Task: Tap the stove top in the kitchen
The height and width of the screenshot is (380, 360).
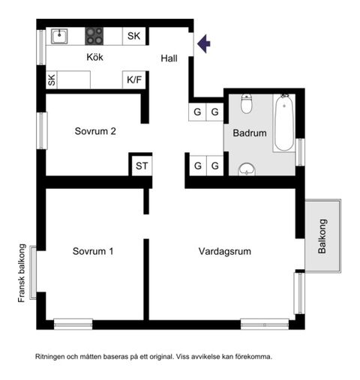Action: click(x=94, y=35)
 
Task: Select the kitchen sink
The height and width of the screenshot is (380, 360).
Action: click(x=59, y=35)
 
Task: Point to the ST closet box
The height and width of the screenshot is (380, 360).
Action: click(x=141, y=166)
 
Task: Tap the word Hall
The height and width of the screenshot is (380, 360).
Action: click(x=169, y=58)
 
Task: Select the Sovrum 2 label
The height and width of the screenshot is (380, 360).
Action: click(x=95, y=131)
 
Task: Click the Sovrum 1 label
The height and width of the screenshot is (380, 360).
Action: click(x=93, y=251)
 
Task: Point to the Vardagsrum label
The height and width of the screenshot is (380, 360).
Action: click(x=225, y=251)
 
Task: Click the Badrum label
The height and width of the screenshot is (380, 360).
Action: click(x=250, y=133)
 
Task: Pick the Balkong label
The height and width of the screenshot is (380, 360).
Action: click(x=323, y=237)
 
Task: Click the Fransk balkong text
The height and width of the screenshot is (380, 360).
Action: click(x=22, y=273)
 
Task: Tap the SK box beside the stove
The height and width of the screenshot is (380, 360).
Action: click(x=133, y=35)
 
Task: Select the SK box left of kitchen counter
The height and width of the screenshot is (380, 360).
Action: click(x=52, y=80)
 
